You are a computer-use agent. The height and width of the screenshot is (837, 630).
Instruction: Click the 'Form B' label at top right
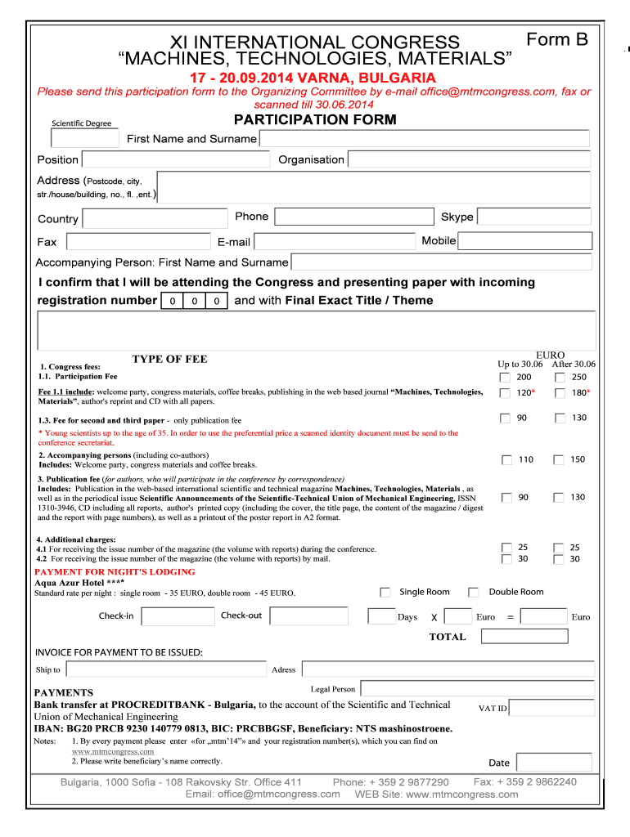click(557, 39)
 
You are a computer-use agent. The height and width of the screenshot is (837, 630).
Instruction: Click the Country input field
click(155, 218)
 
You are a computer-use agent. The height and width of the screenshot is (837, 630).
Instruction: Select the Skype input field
click(533, 217)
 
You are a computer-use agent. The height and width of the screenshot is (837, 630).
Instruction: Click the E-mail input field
click(335, 242)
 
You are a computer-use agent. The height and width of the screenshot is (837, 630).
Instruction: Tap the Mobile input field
click(524, 241)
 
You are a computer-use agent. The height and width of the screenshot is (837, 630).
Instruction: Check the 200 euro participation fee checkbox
click(505, 378)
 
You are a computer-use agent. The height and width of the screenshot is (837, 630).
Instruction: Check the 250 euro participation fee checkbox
click(559, 378)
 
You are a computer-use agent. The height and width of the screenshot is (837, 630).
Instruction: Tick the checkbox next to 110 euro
click(506, 460)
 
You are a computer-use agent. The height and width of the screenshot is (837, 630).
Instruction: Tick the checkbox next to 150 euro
click(559, 460)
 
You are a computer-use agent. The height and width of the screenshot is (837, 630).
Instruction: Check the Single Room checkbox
click(385, 593)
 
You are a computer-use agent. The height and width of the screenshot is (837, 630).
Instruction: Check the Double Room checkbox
click(473, 593)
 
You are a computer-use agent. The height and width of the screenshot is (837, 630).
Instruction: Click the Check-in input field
click(178, 616)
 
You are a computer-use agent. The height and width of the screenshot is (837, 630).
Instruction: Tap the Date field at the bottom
click(553, 762)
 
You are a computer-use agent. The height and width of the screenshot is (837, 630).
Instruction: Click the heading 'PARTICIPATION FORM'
click(315, 120)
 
